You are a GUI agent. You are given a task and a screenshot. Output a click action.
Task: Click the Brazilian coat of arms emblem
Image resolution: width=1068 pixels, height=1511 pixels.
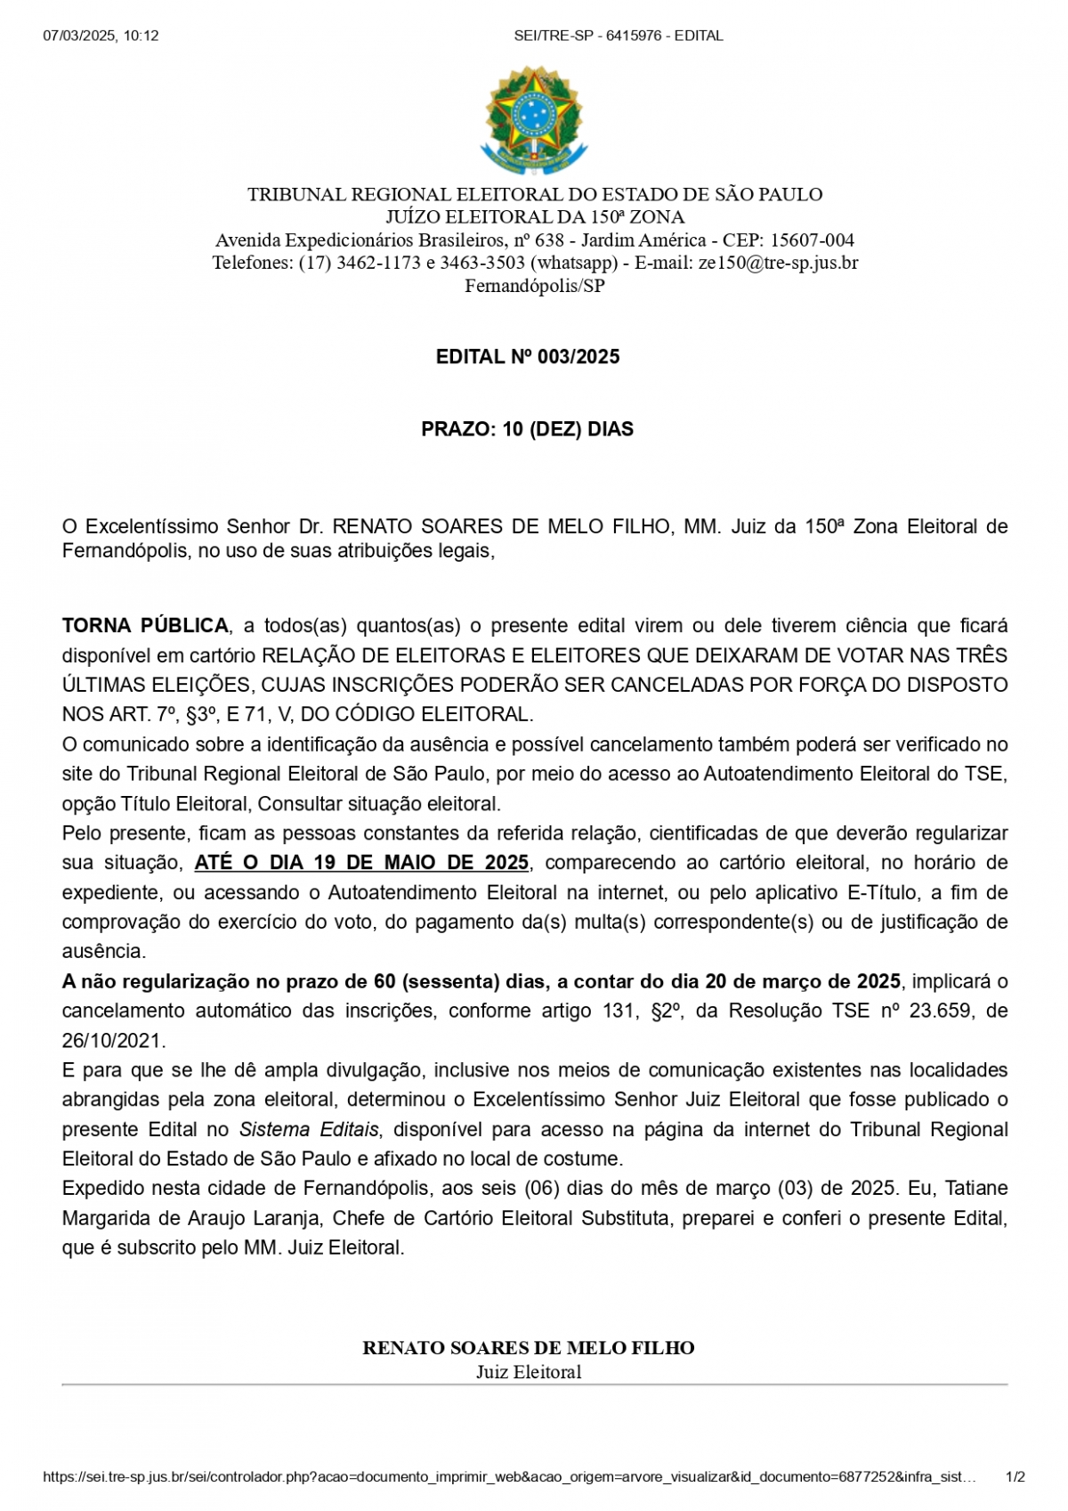click(x=534, y=120)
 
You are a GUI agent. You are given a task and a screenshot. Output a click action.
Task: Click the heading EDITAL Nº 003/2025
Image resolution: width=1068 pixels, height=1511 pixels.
click(x=528, y=357)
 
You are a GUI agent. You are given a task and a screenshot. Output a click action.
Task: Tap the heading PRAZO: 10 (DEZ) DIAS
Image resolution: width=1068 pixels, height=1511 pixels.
click(x=528, y=429)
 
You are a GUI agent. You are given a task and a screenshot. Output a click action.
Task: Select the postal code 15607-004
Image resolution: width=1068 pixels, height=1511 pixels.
click(x=812, y=240)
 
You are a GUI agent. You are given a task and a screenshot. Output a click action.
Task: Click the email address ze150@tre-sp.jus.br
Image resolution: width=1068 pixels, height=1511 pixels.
click(x=778, y=263)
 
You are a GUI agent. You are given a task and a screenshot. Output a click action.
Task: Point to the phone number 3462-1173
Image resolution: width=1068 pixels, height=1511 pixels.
click(x=378, y=263)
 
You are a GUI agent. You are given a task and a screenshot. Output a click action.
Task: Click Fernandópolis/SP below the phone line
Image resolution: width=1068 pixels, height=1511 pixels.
click(x=534, y=286)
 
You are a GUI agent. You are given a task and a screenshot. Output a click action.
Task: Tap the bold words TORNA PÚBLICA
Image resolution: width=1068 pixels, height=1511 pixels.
click(x=145, y=626)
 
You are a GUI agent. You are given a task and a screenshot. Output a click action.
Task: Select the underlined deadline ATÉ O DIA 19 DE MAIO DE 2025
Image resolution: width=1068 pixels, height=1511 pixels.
click(x=361, y=863)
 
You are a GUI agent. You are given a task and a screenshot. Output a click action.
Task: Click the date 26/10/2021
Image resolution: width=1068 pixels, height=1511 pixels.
click(x=113, y=1040)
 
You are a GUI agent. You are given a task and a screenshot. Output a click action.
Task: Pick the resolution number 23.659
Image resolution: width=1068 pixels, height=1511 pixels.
click(x=940, y=1011)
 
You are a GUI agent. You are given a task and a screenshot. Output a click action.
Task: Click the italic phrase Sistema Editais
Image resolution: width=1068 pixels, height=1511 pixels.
click(x=309, y=1129)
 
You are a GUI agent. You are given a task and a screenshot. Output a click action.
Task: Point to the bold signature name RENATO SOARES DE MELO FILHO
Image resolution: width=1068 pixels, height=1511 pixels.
click(x=529, y=1348)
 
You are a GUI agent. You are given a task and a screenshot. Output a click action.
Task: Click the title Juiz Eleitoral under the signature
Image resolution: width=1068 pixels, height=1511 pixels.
click(x=529, y=1372)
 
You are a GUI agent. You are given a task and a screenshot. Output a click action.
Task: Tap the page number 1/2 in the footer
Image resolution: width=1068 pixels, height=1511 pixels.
click(x=1015, y=1476)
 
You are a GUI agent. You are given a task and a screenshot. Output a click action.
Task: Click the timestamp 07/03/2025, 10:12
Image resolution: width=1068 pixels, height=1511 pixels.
click(x=101, y=36)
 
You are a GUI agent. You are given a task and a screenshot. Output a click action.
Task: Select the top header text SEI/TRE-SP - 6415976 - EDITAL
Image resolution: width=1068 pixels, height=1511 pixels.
click(x=619, y=36)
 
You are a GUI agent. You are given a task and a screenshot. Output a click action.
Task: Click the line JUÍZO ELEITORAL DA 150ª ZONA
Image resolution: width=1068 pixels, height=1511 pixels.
click(x=535, y=217)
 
